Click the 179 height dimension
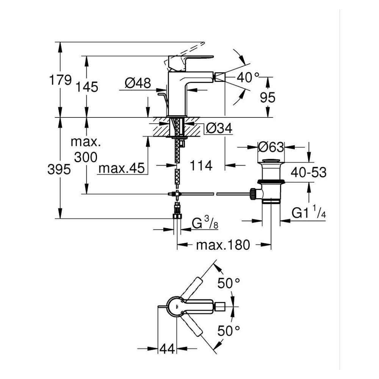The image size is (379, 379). (x=60, y=80)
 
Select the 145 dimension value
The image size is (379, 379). (x=87, y=87)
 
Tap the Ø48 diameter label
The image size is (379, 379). (x=138, y=83)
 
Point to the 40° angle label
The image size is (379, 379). (x=247, y=77)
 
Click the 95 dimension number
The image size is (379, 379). (x=268, y=98)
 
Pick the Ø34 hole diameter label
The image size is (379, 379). (x=219, y=128)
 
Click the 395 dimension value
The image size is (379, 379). (x=59, y=169)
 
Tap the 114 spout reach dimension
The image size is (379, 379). (x=201, y=166)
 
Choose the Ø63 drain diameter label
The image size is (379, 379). (x=271, y=147)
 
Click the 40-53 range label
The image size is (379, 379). (x=309, y=172)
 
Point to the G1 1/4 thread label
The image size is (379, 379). (x=309, y=212)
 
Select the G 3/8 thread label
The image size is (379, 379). (x=205, y=223)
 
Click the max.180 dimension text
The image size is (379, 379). (x=223, y=245)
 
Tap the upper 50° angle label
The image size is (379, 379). (x=229, y=283)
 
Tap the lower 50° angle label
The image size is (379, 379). (x=229, y=330)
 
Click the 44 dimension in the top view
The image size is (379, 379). (x=167, y=349)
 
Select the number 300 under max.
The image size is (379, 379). (x=86, y=157)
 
